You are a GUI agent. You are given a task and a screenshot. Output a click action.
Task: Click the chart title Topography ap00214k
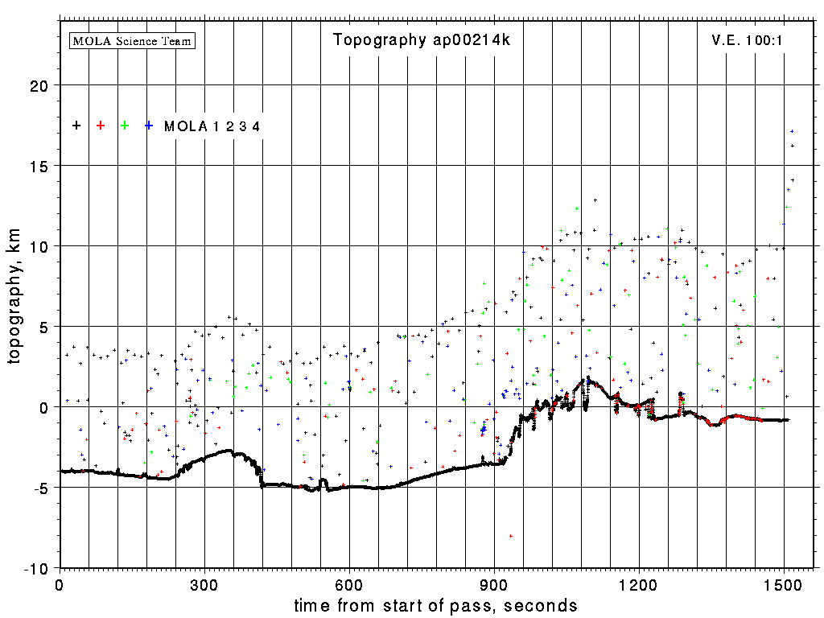[422, 40]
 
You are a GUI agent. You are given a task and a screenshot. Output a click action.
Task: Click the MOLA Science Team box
[133, 40]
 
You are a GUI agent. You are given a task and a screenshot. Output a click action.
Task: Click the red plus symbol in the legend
[101, 126]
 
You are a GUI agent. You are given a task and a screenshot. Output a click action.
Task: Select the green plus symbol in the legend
[125, 126]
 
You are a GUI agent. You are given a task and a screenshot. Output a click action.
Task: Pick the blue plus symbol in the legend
[149, 126]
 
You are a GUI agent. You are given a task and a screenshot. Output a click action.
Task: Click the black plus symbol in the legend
[76, 126]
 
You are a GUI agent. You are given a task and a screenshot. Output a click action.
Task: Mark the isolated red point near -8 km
[511, 536]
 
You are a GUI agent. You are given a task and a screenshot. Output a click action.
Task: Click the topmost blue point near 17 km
[792, 131]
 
